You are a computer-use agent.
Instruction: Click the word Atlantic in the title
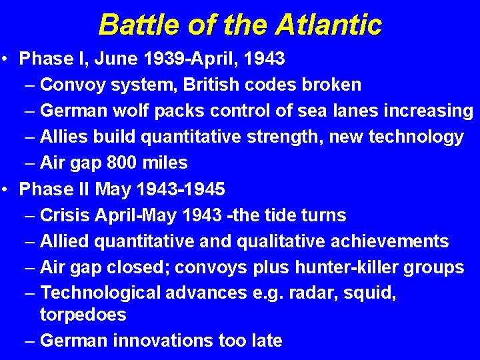click(329, 25)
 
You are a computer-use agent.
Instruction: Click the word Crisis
click(66, 215)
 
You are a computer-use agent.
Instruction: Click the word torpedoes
click(83, 315)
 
